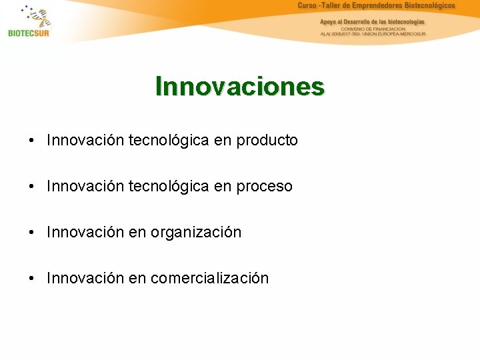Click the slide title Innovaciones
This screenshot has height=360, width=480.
pos(240,87)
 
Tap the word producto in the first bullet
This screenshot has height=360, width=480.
pos(267,141)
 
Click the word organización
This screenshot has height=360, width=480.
pos(196,233)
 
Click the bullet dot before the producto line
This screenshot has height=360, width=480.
pos(32,141)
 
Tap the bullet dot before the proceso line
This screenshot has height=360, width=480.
pos(32,187)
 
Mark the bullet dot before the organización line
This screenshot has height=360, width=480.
pos(32,233)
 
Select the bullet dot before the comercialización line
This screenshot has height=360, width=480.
pos(32,279)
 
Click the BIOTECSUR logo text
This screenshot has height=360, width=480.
pos(29,33)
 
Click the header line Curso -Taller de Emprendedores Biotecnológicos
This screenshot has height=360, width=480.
pos(376,6)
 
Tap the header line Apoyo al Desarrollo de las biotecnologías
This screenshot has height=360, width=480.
pos(372,21)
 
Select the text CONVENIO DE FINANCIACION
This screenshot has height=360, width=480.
pos(373,29)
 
